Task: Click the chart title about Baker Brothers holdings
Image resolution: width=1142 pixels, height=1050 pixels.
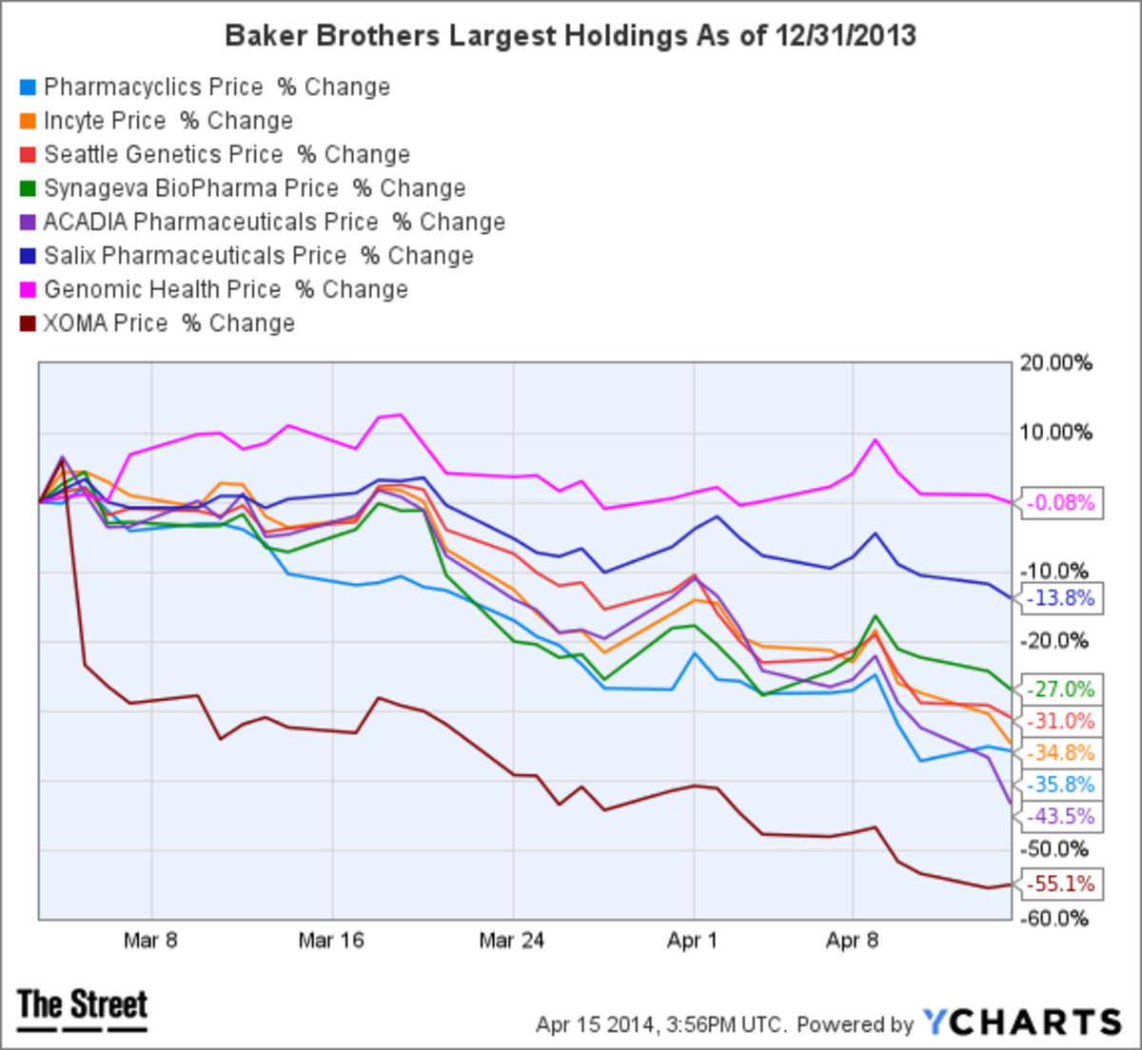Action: (570, 36)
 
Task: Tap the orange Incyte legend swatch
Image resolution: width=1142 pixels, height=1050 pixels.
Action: (28, 122)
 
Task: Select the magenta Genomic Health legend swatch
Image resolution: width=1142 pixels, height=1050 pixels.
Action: (28, 290)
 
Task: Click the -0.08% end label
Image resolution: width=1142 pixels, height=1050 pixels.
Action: (1062, 503)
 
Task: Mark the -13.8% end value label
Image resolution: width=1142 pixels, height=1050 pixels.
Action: (1062, 598)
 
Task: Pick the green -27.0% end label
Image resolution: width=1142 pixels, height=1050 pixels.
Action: (1062, 690)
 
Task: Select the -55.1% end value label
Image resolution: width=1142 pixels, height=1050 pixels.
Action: (1062, 884)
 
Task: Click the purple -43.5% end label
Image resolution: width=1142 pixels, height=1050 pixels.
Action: (1062, 816)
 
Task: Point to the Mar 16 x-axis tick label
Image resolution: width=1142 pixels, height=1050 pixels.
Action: (330, 941)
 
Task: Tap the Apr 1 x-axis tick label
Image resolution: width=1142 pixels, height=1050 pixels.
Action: (692, 941)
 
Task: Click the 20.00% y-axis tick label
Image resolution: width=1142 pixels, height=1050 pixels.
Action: (1055, 363)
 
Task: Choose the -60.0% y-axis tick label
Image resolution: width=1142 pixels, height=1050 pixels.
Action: (1055, 919)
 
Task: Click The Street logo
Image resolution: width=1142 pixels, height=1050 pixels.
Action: (83, 1006)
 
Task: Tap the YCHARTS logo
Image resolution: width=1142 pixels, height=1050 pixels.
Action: (1022, 1022)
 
